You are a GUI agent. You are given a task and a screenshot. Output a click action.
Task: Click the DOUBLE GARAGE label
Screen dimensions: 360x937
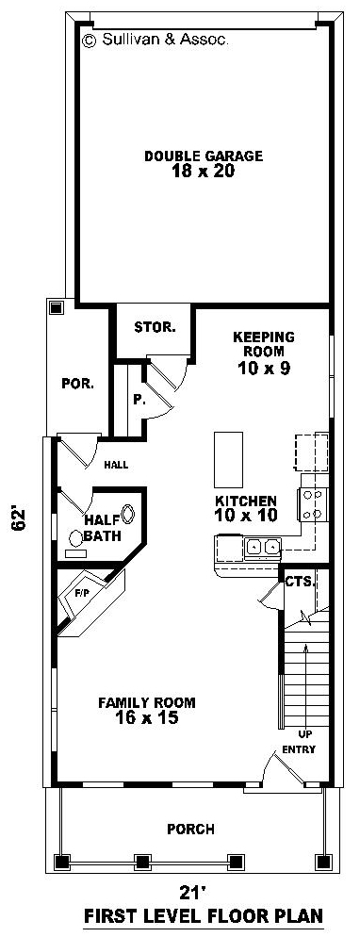coord(204,156)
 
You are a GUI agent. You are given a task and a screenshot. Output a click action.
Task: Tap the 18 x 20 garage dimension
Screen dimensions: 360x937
coord(204,172)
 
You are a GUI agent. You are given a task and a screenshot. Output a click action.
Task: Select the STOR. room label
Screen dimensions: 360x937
coord(155,327)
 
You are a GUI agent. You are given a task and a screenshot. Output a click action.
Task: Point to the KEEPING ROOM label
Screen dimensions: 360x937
coord(263,344)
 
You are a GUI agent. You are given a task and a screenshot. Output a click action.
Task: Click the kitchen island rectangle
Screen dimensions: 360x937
coord(229,460)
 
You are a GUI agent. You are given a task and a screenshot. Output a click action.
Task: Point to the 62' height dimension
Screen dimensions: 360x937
coord(20,518)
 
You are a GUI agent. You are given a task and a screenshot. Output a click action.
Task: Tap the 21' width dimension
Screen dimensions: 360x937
coord(193,893)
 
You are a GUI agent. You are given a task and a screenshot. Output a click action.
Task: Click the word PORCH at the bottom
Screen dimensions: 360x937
coord(191,830)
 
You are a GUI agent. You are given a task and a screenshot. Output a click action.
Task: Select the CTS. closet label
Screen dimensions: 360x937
coord(300,582)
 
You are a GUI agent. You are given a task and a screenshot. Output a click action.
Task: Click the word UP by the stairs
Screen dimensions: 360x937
coord(304,734)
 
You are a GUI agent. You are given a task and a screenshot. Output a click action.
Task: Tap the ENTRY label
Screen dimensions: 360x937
coord(299,749)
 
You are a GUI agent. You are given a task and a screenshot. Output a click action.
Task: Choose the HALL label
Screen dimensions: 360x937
coord(117,464)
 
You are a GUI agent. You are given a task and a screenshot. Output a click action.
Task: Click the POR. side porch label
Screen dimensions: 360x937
coord(77,384)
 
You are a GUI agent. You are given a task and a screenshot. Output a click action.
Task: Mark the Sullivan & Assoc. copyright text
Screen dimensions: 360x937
coord(155,40)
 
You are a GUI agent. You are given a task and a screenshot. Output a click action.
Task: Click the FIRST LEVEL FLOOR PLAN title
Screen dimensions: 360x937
coord(204,915)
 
